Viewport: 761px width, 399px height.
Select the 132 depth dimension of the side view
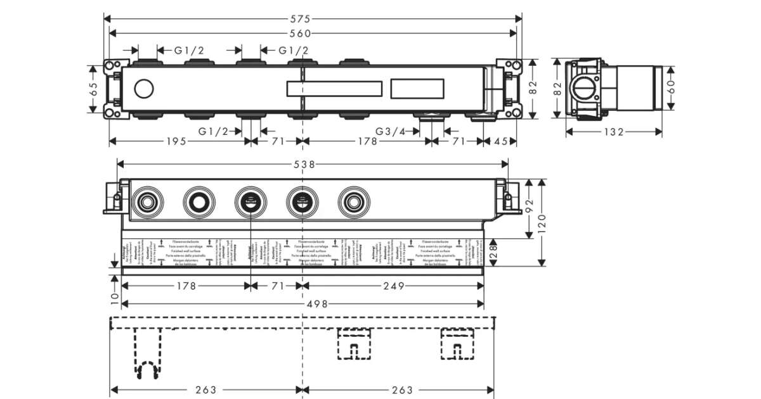(x=614, y=132)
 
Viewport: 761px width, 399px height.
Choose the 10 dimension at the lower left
(x=114, y=297)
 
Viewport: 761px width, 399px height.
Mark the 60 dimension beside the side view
(x=672, y=87)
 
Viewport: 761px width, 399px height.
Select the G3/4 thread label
(x=390, y=132)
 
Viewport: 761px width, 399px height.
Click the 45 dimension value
(x=500, y=142)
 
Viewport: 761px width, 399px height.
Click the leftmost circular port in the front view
(x=148, y=202)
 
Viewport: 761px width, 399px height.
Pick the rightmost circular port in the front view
(x=352, y=202)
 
